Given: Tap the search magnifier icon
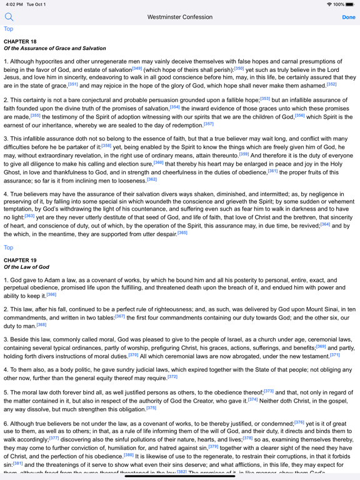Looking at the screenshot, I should pyautogui.click(x=9, y=17).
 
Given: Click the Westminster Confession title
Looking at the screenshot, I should pyautogui.click(x=179, y=17).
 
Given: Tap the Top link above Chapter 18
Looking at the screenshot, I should pyautogui.click(x=8, y=29).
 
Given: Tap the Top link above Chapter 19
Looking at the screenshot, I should pyautogui.click(x=8, y=247).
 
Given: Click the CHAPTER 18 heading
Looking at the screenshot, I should pyautogui.click(x=20, y=41).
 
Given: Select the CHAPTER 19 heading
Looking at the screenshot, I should pyautogui.click(x=20, y=260).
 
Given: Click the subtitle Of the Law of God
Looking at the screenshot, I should pyautogui.click(x=26, y=267).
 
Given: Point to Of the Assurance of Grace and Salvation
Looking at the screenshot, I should pyautogui.click(x=55, y=48).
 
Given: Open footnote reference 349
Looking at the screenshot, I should pyautogui.click(x=137, y=68).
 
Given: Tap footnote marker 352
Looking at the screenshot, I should pyautogui.click(x=331, y=84).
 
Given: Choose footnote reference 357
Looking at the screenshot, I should pyautogui.click(x=208, y=124).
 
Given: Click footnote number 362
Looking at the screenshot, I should pyautogui.click(x=152, y=179).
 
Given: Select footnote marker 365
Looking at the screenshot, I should pyautogui.click(x=182, y=232).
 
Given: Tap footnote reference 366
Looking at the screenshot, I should pyautogui.click(x=51, y=294).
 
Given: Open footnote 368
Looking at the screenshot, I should pyautogui.click(x=41, y=324).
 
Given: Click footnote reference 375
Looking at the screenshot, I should pyautogui.click(x=151, y=407).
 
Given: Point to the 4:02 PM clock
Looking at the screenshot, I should pyautogui.click(x=12, y=4).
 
